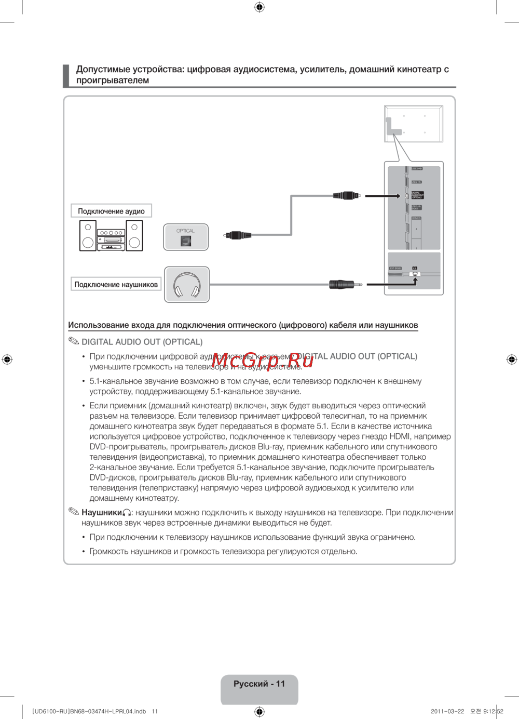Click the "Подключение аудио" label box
(x=111, y=211)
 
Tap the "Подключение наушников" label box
(x=116, y=284)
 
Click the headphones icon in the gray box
(x=187, y=285)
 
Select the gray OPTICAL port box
(x=186, y=237)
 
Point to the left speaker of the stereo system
(x=88, y=235)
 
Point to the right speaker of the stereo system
(x=134, y=235)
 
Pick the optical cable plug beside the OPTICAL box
(x=238, y=235)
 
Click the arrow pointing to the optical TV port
(x=383, y=196)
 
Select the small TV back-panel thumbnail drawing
(x=413, y=124)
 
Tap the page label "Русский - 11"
(x=259, y=684)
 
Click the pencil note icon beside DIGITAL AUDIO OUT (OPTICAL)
(x=74, y=341)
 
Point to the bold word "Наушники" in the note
(x=102, y=513)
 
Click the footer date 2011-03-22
(x=447, y=711)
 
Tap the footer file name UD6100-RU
(x=51, y=711)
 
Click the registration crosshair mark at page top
(x=259, y=7)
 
